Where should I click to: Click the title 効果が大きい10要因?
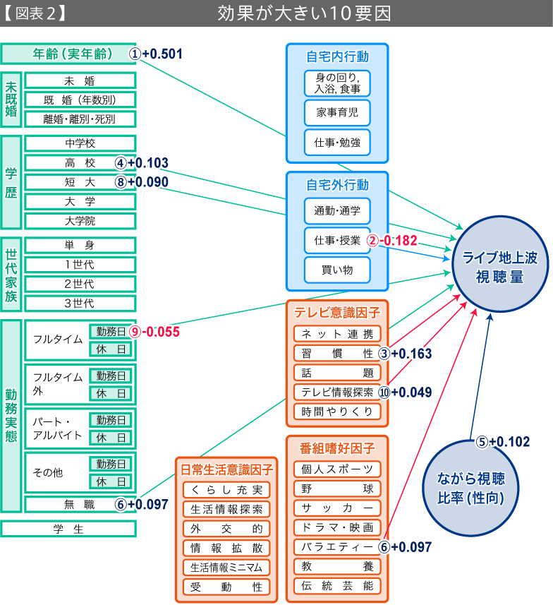pyautogui.click(x=304, y=13)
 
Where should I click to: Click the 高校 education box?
pyautogui.click(x=80, y=163)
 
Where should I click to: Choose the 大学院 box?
pyautogui.click(x=80, y=221)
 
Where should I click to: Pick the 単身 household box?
pyautogui.click(x=80, y=246)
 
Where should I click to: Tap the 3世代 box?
pyautogui.click(x=80, y=304)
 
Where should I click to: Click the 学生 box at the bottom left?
pyautogui.click(x=68, y=529)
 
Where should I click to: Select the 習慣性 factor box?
pyautogui.click(x=336, y=353)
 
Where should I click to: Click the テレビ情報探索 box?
pyautogui.click(x=336, y=392)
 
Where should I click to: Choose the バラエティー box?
pyautogui.click(x=336, y=546)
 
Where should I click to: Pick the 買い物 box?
pyautogui.click(x=336, y=270)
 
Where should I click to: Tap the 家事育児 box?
pyautogui.click(x=336, y=112)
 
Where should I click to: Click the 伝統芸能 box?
pyautogui.click(x=336, y=585)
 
